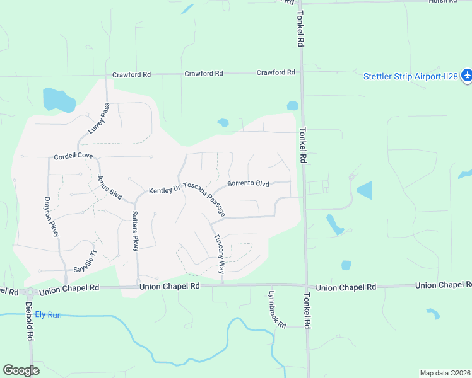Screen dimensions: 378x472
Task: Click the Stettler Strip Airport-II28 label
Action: [x=411, y=77]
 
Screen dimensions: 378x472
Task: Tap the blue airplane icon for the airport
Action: [x=466, y=76]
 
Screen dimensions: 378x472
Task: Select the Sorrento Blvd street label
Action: [x=248, y=184]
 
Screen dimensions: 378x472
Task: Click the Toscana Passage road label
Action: [x=204, y=199]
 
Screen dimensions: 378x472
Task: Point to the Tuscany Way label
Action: [x=218, y=254]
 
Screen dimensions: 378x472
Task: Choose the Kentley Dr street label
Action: [x=164, y=190]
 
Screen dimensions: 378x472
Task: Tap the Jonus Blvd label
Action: [x=110, y=188]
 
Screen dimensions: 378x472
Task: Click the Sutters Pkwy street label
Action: [x=135, y=231]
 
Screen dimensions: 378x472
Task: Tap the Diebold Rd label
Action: [x=29, y=321]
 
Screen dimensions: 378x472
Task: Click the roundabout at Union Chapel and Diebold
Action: [x=28, y=292]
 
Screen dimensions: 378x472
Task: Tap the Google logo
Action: [x=21, y=370]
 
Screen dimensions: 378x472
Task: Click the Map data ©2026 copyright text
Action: [x=445, y=373]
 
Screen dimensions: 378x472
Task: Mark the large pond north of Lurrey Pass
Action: [x=57, y=100]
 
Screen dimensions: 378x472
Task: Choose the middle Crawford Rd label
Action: [x=204, y=74]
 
